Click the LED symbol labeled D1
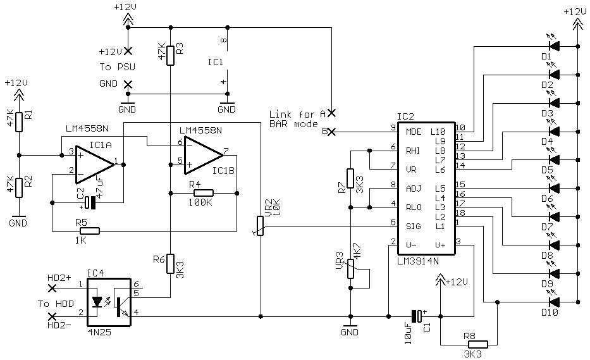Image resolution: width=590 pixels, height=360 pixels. [553, 46]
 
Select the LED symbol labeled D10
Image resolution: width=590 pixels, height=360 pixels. [553, 301]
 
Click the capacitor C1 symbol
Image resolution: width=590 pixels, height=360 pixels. [415, 315]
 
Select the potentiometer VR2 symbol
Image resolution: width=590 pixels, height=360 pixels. [259, 225]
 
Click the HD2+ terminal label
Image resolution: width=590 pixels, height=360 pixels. [60, 277]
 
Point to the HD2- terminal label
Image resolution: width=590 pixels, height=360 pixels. [60, 325]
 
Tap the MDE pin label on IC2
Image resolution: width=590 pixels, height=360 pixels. [413, 132]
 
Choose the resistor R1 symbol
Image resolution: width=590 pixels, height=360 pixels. [20, 121]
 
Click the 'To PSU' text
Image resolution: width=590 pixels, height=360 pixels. [113, 66]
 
